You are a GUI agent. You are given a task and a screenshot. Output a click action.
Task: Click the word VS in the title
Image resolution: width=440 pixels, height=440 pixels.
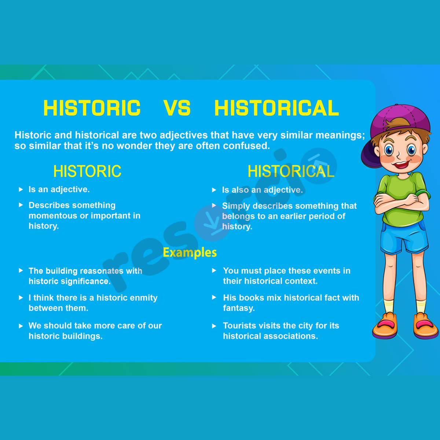click(x=177, y=108)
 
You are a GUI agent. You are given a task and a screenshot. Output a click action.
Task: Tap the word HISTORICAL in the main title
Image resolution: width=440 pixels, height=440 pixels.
click(x=276, y=108)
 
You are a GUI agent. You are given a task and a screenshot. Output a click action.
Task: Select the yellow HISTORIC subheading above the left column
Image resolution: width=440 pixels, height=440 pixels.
click(x=87, y=171)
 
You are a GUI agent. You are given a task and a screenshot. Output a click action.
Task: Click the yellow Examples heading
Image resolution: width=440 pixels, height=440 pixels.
click(x=190, y=252)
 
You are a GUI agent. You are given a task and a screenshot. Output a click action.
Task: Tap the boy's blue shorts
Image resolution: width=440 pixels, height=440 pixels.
click(x=403, y=238)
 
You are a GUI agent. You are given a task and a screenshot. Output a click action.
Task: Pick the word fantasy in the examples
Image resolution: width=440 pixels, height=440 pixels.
click(x=239, y=308)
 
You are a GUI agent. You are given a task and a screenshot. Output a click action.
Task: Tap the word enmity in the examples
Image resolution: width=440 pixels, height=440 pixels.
click(x=144, y=298)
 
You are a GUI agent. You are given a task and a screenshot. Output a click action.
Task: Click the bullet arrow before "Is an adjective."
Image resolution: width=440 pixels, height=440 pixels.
click(x=21, y=190)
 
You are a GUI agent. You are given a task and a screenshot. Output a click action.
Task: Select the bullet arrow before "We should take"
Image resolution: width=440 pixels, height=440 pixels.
click(x=21, y=326)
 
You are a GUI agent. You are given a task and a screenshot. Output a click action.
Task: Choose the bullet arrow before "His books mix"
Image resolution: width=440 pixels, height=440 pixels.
click(x=214, y=298)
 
